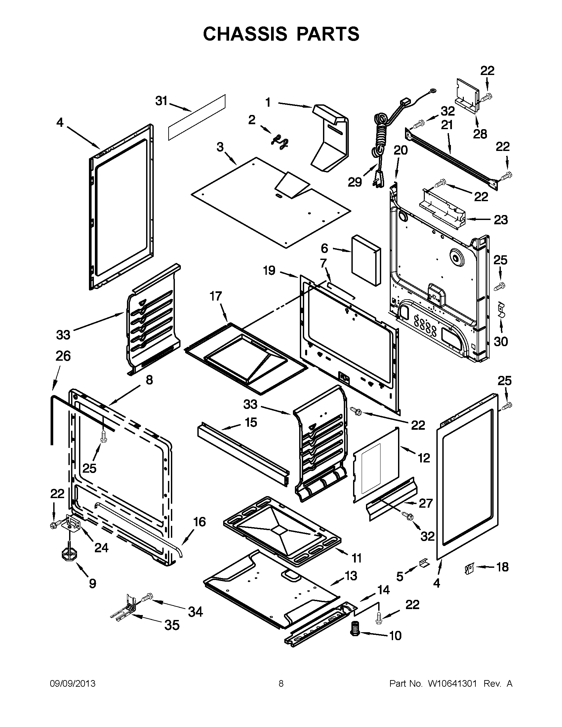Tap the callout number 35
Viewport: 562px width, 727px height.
[x=172, y=625]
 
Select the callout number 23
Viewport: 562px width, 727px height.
[x=501, y=220]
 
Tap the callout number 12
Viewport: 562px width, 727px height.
[x=424, y=458]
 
